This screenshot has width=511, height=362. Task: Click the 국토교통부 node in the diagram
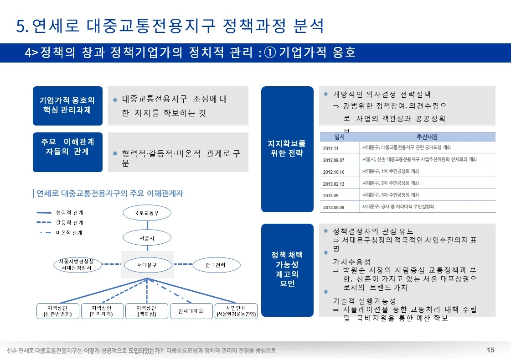(146, 213)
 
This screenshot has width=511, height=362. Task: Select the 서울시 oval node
(146, 238)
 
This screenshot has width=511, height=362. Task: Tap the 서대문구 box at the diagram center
(147, 264)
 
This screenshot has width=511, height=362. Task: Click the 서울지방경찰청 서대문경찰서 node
(77, 265)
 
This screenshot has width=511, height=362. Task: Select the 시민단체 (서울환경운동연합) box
(236, 311)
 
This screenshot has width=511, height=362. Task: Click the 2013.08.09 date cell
(334, 207)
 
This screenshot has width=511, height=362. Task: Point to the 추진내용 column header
(427, 137)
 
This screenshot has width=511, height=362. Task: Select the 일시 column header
(339, 137)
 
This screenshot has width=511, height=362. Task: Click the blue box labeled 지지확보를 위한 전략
(287, 149)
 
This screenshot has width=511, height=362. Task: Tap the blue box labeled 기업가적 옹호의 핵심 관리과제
(67, 105)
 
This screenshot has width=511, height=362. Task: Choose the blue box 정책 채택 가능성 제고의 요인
(287, 269)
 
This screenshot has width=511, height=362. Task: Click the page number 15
(490, 350)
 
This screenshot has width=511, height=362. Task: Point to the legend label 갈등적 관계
(69, 223)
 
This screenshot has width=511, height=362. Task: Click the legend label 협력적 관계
(69, 213)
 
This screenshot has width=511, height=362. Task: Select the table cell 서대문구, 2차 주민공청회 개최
(390, 183)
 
